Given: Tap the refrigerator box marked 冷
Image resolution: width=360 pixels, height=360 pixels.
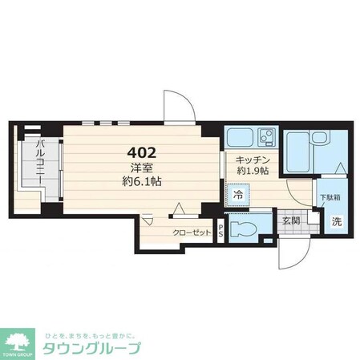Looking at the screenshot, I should pos(240,193).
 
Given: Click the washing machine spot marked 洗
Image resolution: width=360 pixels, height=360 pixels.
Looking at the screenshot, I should pos(337,222).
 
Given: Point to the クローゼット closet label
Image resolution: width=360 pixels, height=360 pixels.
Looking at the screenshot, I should pos(192,232).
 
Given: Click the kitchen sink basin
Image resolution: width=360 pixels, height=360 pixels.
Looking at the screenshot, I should pos(239,136).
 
